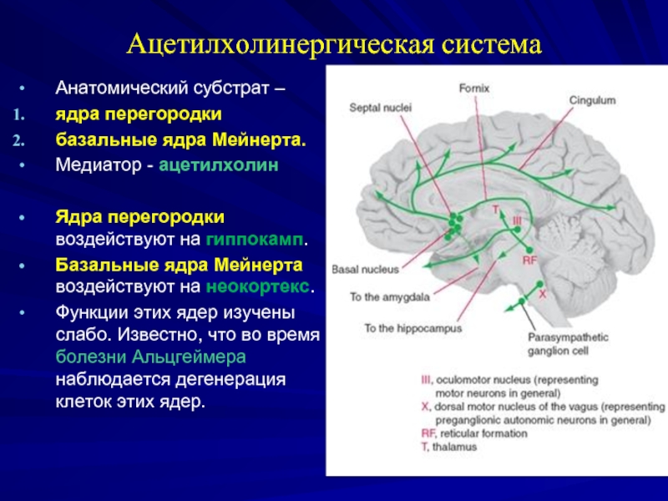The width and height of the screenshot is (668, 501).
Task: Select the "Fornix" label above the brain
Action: click(473, 88)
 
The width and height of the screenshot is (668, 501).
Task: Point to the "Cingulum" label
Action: click(592, 101)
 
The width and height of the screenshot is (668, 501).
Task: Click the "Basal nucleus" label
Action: click(365, 271)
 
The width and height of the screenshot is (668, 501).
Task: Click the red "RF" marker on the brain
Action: click(529, 261)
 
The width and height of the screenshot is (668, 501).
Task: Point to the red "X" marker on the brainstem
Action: click(542, 295)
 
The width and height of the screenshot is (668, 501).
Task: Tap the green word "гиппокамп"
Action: click(254, 240)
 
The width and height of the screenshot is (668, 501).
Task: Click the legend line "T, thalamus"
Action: click(448, 447)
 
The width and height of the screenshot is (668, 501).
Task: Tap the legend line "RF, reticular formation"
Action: click(473, 433)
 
